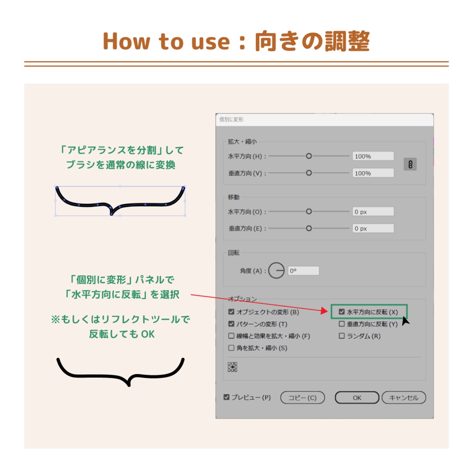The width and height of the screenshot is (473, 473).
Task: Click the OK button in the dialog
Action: [357, 398]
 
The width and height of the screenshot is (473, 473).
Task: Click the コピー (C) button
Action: [303, 398]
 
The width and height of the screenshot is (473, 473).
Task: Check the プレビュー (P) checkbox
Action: [227, 397]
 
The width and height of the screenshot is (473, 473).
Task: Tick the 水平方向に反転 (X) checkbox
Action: [342, 312]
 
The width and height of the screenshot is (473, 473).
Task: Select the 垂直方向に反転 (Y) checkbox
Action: [342, 324]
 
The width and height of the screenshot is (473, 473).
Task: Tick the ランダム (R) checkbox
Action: [342, 336]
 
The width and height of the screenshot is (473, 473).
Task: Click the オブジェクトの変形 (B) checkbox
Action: [231, 312]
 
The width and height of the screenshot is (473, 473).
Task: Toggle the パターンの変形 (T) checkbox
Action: [231, 324]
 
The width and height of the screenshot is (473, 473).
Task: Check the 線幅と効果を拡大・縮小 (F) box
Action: [231, 336]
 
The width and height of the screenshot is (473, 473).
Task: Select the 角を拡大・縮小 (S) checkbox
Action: [231, 348]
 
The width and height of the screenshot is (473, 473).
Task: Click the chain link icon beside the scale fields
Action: [410, 164]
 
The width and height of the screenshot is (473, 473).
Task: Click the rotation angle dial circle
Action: [276, 271]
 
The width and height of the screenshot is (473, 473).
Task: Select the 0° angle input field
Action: [303, 271]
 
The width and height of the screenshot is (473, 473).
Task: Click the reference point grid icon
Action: [232, 367]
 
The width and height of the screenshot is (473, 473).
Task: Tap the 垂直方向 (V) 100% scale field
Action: [373, 173]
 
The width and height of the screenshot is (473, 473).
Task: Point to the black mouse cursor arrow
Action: [406, 321]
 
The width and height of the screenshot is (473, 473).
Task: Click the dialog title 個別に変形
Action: [231, 120]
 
